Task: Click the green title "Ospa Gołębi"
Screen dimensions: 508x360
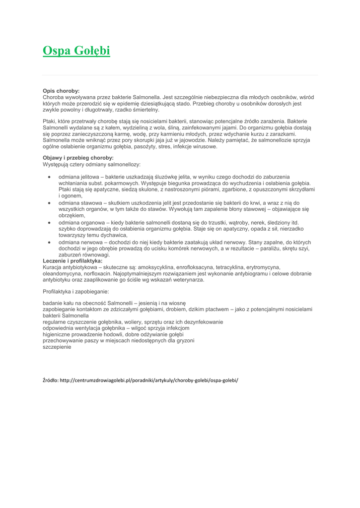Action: point(76,51)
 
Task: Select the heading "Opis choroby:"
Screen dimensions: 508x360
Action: point(61,91)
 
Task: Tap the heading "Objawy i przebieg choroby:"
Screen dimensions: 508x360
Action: point(78,158)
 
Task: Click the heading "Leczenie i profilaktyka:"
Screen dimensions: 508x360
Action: point(72,260)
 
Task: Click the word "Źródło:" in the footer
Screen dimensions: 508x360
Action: point(51,380)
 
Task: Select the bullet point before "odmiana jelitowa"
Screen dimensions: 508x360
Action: point(49,177)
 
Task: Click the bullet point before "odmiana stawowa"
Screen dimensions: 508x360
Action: point(49,203)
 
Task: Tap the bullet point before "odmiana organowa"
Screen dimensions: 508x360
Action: point(49,223)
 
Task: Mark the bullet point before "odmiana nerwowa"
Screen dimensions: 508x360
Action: point(49,242)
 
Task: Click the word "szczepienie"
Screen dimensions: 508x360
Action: point(57,347)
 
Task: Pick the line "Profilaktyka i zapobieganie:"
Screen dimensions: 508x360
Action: point(76,292)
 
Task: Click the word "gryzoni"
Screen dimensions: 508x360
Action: point(184,341)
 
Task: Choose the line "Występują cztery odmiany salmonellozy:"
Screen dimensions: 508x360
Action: point(91,164)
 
